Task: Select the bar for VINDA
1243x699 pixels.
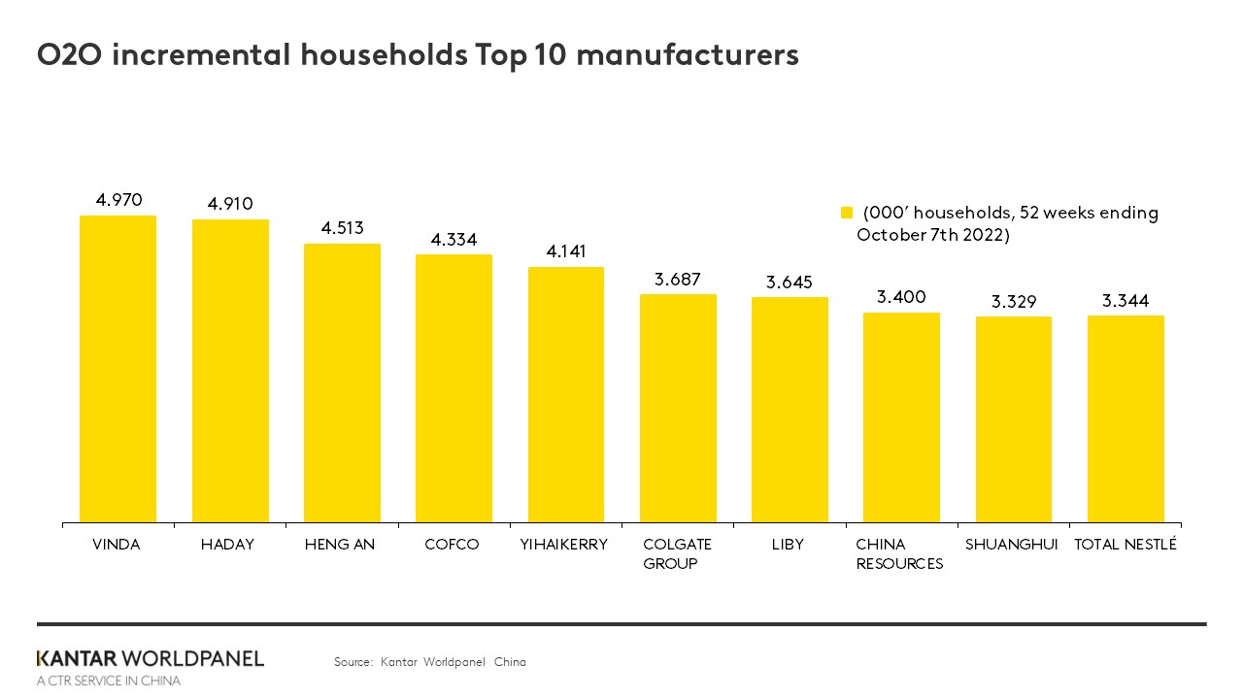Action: click(118, 369)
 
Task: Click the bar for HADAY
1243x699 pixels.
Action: click(230, 371)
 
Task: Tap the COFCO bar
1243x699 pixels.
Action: click(454, 388)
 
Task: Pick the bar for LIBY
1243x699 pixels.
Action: click(789, 410)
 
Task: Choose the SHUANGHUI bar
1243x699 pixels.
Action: click(1013, 419)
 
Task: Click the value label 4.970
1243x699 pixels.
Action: click(118, 200)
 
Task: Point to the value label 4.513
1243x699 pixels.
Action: click(342, 228)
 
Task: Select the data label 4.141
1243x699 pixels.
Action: click(566, 251)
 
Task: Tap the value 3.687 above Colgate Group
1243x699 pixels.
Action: click(678, 279)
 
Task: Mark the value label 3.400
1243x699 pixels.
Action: click(901, 297)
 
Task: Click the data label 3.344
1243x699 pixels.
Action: click(1125, 301)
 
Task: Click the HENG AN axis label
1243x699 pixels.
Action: click(340, 545)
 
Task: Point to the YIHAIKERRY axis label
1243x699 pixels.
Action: click(564, 545)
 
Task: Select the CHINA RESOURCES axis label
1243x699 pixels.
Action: click(899, 554)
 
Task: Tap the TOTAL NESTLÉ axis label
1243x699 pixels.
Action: click(1125, 545)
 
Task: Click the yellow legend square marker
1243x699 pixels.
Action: click(846, 214)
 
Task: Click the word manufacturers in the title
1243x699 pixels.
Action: click(688, 55)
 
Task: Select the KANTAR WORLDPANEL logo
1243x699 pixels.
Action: click(150, 658)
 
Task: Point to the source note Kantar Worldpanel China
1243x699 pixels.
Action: click(429, 662)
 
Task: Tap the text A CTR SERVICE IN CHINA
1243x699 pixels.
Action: click(108, 682)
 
